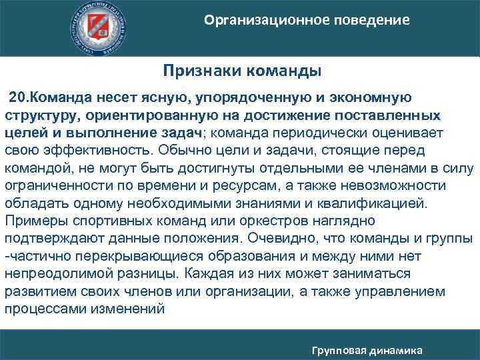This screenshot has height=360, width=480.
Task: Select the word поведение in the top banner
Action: click(373, 20)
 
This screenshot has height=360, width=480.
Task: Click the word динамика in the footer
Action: click(401, 349)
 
